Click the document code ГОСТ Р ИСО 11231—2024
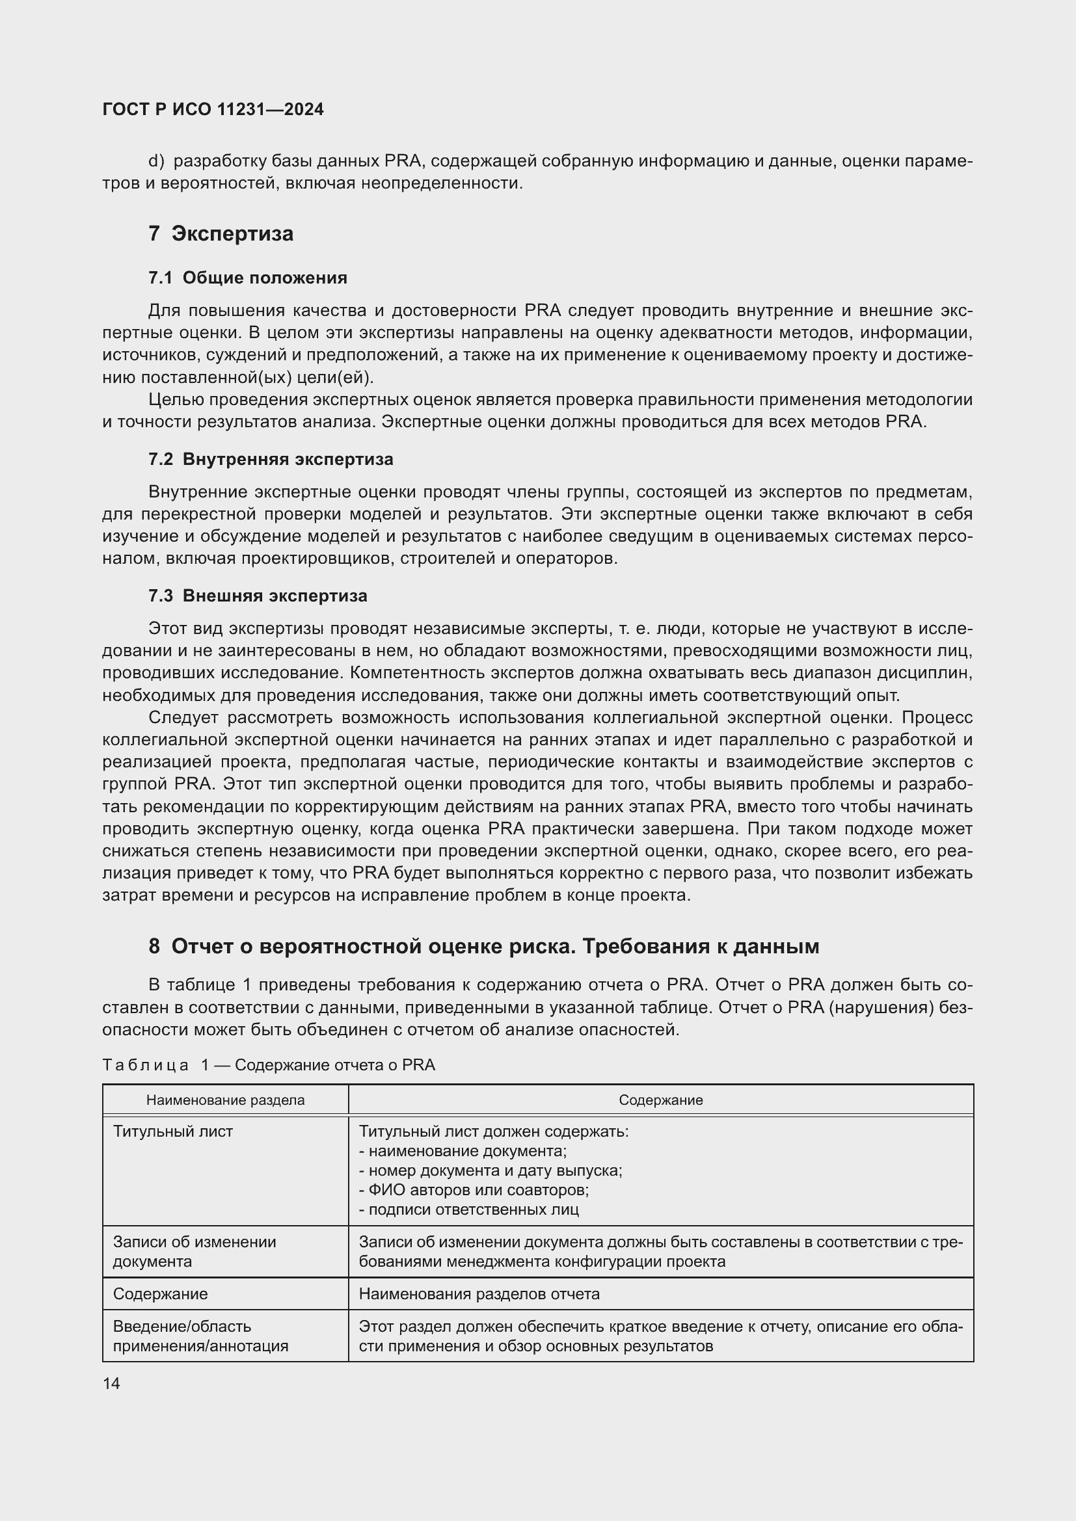pos(213,109)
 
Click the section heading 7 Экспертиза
pos(221,234)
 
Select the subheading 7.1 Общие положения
pos(248,278)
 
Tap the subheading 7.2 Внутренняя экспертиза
pos(271,459)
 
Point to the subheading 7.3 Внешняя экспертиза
pos(258,596)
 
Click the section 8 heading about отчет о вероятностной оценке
pos(483,947)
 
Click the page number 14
pos(111,1383)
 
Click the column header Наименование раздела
pos(225,1100)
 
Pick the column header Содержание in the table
pos(660,1100)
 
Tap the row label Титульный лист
pos(173,1131)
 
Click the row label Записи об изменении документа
pos(194,1251)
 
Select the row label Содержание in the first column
pos(160,1294)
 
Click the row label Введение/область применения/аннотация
pos(200,1336)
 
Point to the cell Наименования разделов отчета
pos(479,1294)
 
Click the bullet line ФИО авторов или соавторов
pos(474,1190)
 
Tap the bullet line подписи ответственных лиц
pos(469,1210)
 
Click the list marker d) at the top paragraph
pos(155,161)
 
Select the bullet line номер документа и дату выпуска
pos(491,1171)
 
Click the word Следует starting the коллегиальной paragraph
pos(183,717)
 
